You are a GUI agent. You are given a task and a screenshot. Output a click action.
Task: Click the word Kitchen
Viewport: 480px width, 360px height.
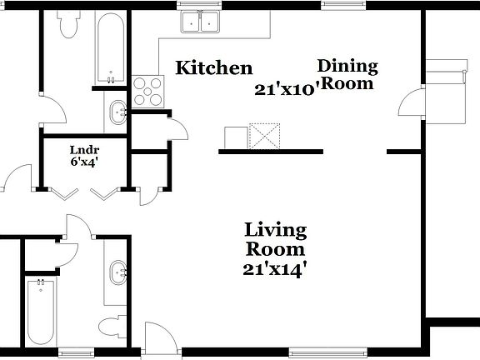(x=212, y=68)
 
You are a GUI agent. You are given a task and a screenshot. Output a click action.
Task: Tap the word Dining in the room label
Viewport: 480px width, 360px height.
(x=348, y=66)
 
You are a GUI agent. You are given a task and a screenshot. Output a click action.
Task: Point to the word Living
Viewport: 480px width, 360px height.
(x=275, y=230)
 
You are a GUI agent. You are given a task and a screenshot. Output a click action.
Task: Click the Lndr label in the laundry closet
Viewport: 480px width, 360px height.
(x=84, y=151)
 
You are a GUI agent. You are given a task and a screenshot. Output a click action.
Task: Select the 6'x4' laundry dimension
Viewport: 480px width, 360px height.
(x=84, y=164)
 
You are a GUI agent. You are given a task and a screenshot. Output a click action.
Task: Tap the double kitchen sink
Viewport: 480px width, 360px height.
(x=201, y=22)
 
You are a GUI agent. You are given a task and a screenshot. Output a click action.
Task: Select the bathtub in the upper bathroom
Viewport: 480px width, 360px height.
(x=108, y=48)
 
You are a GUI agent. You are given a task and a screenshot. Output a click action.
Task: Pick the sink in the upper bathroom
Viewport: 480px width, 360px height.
(x=117, y=110)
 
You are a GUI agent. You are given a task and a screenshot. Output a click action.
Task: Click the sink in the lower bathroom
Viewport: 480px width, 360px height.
(x=117, y=269)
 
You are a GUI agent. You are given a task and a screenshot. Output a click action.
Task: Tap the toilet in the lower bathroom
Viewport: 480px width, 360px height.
(x=112, y=324)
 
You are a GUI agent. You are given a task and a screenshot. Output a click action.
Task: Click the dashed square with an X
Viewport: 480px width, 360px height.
(x=267, y=137)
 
